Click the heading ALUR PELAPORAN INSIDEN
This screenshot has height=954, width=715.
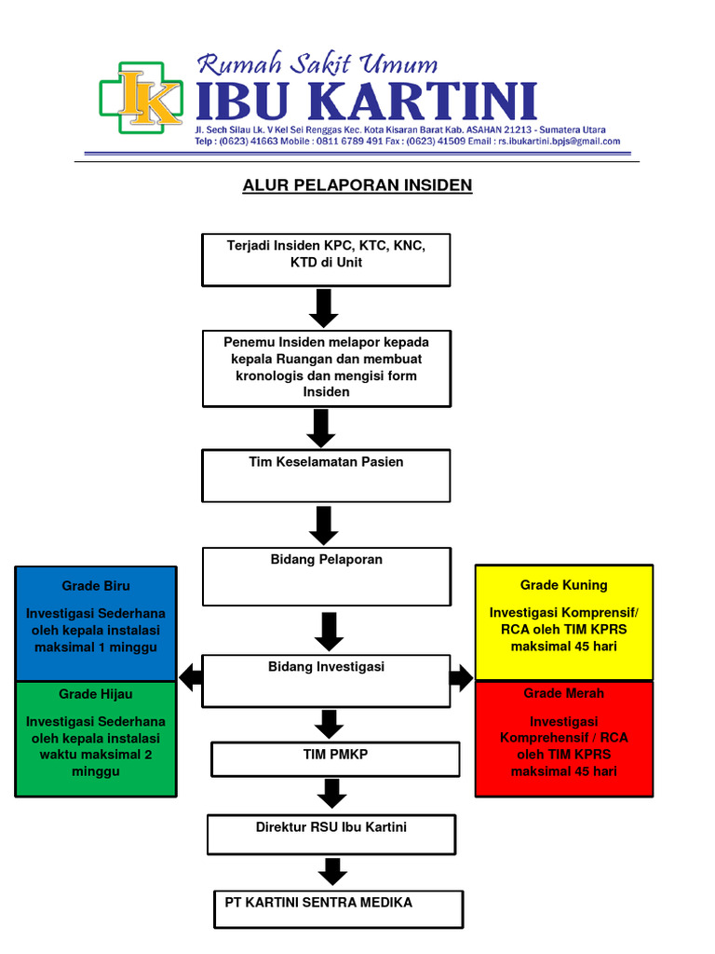(357, 185)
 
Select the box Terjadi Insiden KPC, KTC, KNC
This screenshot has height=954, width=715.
(326, 259)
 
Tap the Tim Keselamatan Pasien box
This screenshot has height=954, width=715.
(326, 475)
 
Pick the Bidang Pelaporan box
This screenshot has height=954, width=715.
(326, 577)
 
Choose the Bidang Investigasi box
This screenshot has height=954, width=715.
(326, 680)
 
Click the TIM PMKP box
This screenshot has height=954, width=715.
(335, 758)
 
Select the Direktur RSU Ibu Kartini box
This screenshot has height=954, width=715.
(331, 834)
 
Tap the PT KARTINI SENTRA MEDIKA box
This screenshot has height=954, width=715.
(339, 909)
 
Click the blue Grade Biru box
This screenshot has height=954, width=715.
(96, 622)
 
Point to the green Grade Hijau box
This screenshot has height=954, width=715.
(96, 739)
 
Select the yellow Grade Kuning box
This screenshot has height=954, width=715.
(564, 621)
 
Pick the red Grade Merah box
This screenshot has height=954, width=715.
(564, 739)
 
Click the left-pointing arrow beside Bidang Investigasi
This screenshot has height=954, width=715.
(191, 677)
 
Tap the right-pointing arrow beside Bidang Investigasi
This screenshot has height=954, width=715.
(461, 677)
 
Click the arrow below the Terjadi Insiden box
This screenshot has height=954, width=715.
(323, 307)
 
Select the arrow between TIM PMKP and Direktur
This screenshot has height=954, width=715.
(331, 794)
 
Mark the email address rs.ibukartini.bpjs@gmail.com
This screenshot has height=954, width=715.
(558, 142)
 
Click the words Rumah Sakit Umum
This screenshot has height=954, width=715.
(317, 64)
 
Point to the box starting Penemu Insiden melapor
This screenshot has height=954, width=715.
(326, 368)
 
